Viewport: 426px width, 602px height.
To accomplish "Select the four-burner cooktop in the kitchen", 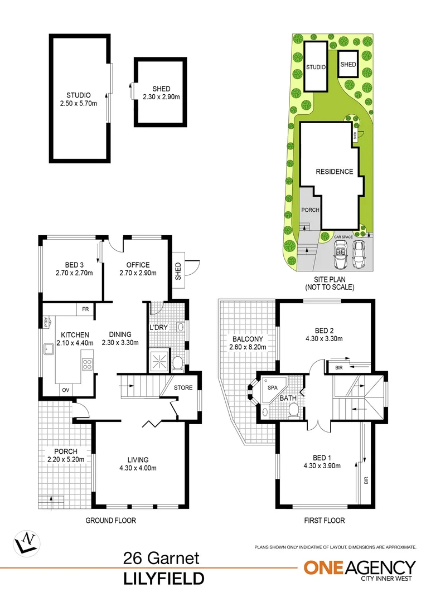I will (x=88, y=365).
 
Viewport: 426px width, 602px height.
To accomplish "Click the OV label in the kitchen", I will (x=65, y=390).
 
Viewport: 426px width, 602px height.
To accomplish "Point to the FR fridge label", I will (x=85, y=308).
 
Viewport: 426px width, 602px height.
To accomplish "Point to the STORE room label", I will (x=183, y=387).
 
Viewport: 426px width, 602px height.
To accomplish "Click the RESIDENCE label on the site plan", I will (x=335, y=171).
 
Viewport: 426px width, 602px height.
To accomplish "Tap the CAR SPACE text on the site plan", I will (x=344, y=237).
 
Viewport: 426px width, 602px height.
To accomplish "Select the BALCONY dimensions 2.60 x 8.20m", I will (x=248, y=347).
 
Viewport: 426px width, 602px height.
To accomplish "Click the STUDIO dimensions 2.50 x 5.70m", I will (x=79, y=104).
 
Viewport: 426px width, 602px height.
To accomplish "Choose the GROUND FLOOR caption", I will (x=110, y=520).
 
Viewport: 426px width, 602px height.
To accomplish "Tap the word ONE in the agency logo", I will (x=324, y=567).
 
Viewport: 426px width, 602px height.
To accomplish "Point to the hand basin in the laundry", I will (x=181, y=328).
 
